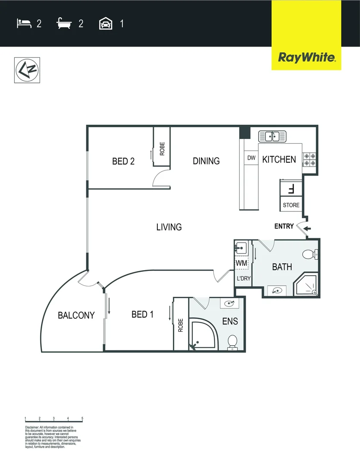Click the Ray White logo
[x=306, y=57]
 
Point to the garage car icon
[x=106, y=23]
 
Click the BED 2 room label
[x=123, y=161]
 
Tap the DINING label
[x=206, y=161]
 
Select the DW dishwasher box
[x=251, y=158]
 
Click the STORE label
[x=291, y=205]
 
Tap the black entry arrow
[x=307, y=229]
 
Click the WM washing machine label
[x=241, y=263]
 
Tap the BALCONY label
[x=76, y=315]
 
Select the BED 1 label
[x=142, y=314]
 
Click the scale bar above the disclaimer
[x=54, y=420]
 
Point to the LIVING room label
[x=169, y=227]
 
